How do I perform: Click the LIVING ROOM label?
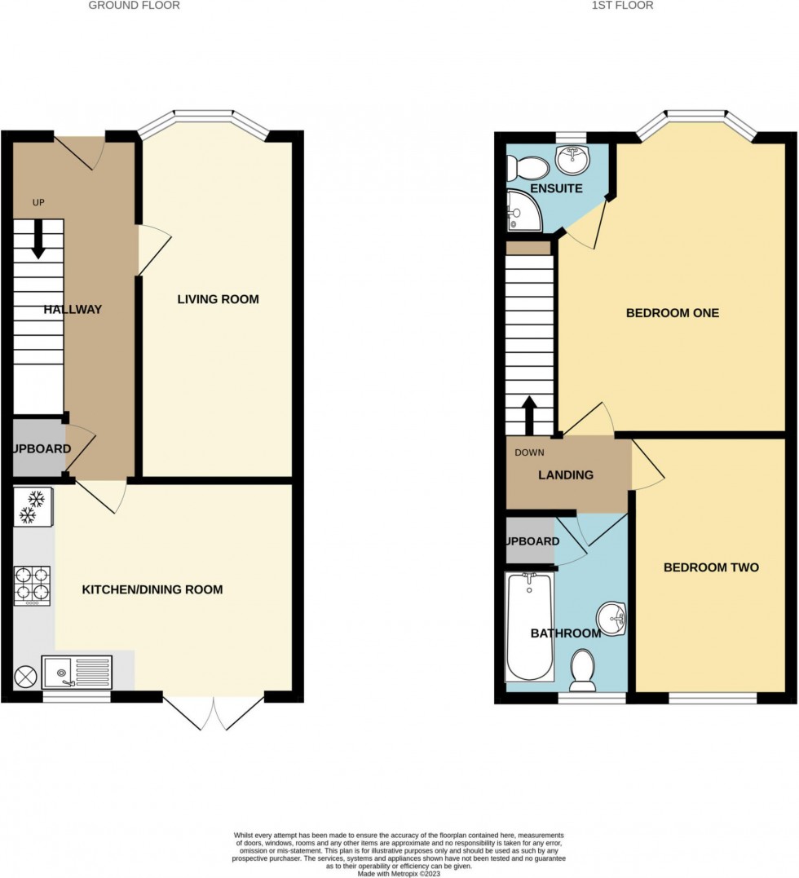tap(218, 299)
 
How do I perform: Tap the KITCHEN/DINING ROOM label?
tap(152, 589)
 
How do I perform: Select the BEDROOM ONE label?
tap(672, 312)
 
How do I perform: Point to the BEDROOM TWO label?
tap(711, 567)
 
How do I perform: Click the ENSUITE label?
tap(556, 188)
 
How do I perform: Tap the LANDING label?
tap(566, 474)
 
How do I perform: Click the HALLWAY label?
tap(73, 309)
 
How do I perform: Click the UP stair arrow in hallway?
tap(38, 241)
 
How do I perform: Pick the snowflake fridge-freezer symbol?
tap(33, 505)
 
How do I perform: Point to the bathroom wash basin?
tap(611, 619)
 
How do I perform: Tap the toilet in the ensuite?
tap(526, 168)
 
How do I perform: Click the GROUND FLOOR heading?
tap(134, 6)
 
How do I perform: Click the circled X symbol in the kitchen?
tap(25, 676)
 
